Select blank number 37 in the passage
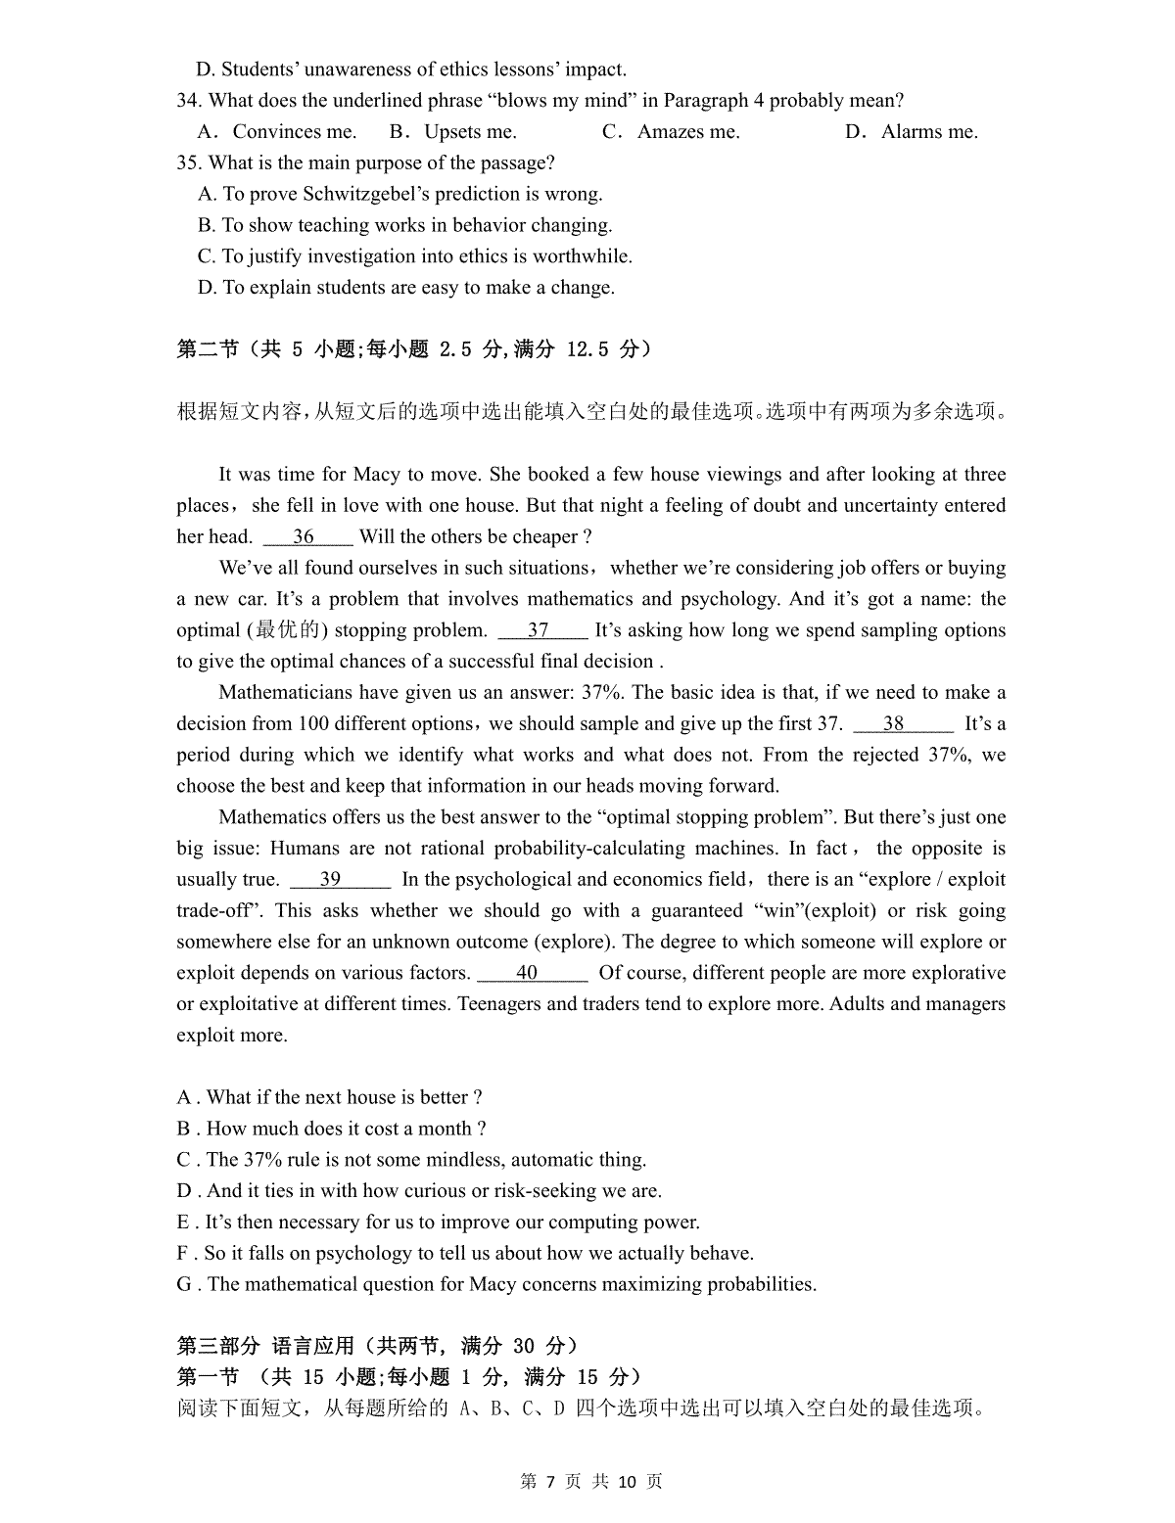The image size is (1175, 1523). [x=540, y=630]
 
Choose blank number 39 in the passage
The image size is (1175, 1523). [x=331, y=879]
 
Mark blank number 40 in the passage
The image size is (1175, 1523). [x=528, y=973]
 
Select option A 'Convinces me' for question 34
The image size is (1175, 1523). [x=277, y=132]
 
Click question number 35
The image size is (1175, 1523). [x=189, y=163]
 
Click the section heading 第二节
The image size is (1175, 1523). [x=208, y=349]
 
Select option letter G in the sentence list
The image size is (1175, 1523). [x=184, y=1284]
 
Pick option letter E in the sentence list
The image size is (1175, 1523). [x=183, y=1223]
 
